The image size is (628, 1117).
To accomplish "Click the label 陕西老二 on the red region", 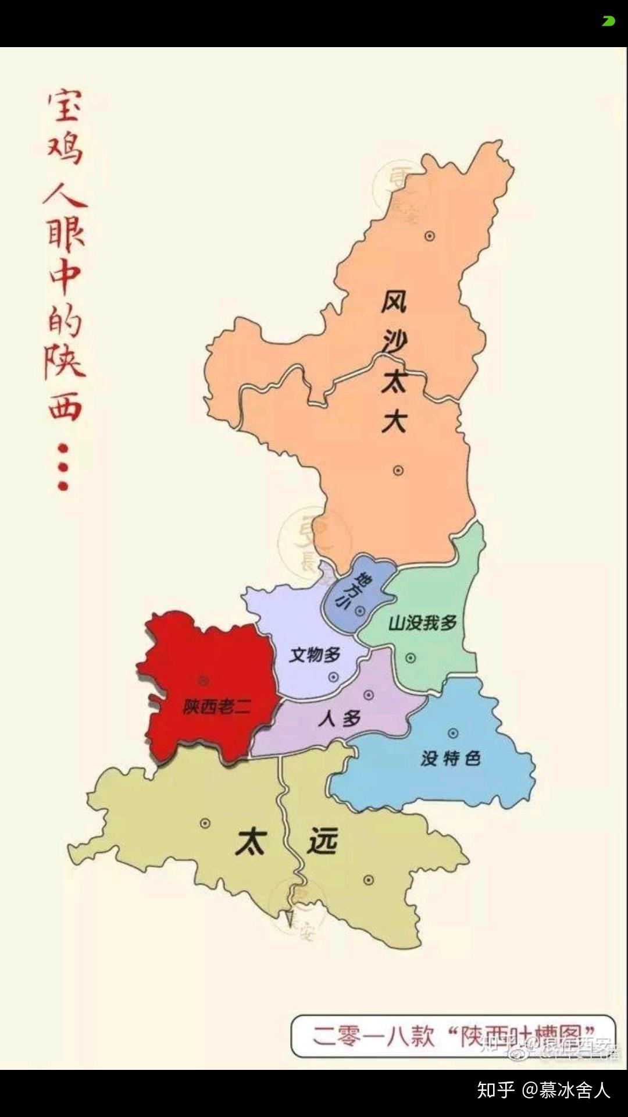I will [x=216, y=706].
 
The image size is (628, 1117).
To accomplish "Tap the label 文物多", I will [x=315, y=654].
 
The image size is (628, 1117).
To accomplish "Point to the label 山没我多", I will [x=423, y=623].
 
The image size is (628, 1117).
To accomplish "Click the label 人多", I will [x=340, y=719].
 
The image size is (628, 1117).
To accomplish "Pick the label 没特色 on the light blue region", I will [x=451, y=758].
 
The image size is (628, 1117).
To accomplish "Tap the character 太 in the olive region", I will [x=251, y=841].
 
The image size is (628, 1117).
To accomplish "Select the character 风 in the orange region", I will [x=394, y=302].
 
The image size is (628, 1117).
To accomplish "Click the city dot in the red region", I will [x=204, y=680].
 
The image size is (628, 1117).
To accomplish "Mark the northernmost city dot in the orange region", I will [x=430, y=236].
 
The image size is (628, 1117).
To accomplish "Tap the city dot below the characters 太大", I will [x=398, y=470].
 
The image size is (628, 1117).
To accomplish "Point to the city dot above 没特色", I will [x=453, y=733].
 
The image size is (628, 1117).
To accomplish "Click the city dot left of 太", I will [x=205, y=823].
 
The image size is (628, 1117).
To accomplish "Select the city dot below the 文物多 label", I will [x=333, y=677].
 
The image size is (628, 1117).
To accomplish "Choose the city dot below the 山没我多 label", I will [x=411, y=658].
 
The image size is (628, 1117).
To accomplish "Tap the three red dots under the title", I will [x=63, y=467].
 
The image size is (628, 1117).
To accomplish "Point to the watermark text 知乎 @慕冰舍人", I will [x=543, y=1090].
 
